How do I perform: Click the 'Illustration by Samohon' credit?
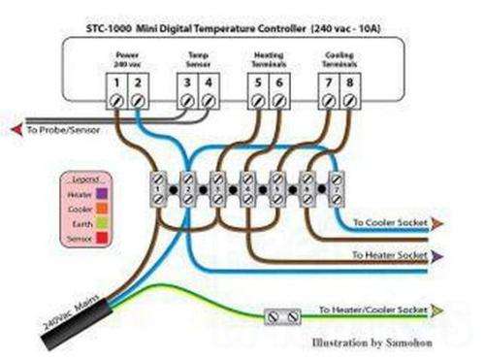click(x=372, y=343)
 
